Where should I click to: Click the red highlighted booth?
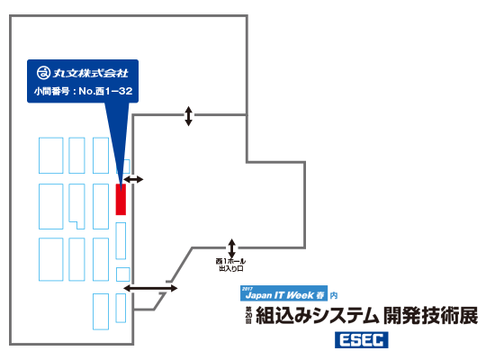121,200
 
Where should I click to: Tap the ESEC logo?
362,340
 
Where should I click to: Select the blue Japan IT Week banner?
283,293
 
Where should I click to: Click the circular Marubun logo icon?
43,73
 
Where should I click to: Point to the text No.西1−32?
105,91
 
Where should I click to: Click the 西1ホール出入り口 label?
230,265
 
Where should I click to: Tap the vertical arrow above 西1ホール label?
231,248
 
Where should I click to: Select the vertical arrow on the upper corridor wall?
188,116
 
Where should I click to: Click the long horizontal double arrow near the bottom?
150,288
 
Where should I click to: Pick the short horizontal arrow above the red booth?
133,179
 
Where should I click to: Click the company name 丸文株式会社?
90,73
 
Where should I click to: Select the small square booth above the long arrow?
122,274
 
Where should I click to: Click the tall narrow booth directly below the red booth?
121,240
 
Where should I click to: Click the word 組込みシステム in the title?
318,316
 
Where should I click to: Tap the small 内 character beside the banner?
334,295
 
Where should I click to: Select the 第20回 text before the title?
248,316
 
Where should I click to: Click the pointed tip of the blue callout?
121,191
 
